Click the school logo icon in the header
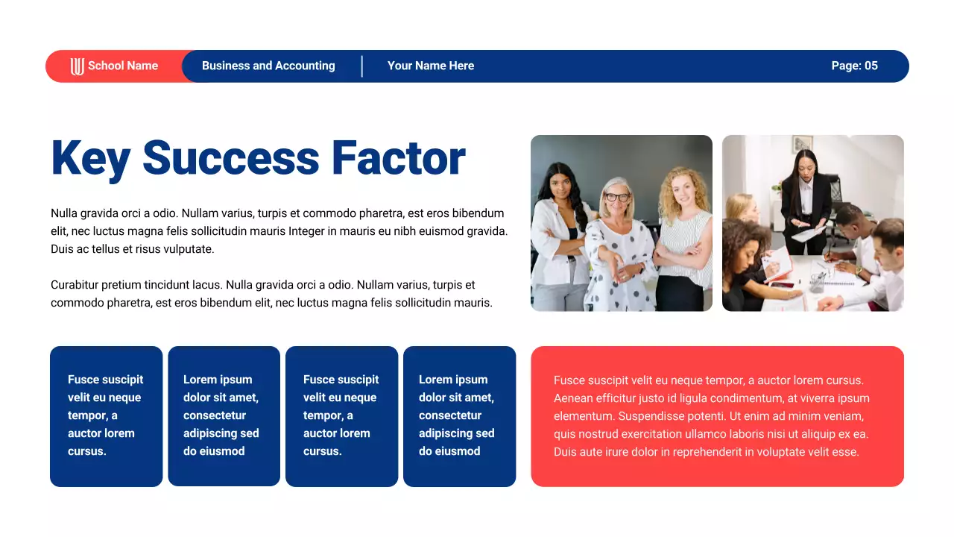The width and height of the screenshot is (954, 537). (x=77, y=66)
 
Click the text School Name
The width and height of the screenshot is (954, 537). (x=123, y=66)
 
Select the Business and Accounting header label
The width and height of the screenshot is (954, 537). (x=268, y=66)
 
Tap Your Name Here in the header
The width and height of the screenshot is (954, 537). (x=431, y=66)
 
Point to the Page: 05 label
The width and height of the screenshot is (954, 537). (x=854, y=66)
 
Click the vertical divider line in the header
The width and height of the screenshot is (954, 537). (x=362, y=66)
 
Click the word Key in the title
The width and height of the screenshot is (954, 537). (x=90, y=159)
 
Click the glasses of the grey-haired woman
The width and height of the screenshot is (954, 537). (x=616, y=198)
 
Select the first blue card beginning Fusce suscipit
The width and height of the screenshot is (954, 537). (x=106, y=416)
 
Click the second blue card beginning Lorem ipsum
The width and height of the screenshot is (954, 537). (x=224, y=416)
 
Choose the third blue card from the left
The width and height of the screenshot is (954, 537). (x=341, y=416)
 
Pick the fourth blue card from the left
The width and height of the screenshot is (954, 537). (x=459, y=416)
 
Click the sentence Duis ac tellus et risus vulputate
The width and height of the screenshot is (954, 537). (x=133, y=249)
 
